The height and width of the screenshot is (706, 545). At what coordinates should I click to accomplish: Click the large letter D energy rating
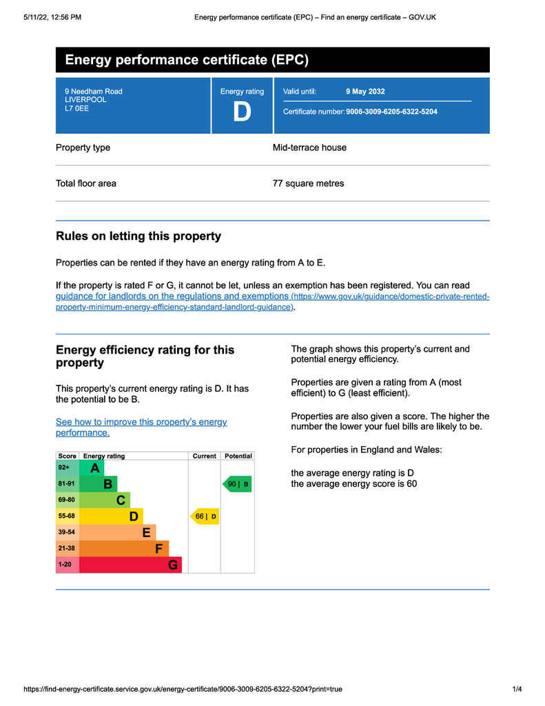tap(242, 112)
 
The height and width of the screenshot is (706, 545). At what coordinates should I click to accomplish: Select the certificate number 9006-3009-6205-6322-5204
tap(391, 112)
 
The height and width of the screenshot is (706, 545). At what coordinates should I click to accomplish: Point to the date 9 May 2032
tap(365, 92)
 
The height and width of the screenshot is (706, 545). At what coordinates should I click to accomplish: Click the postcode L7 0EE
tap(76, 108)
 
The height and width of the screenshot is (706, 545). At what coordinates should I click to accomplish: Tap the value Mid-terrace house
tap(309, 148)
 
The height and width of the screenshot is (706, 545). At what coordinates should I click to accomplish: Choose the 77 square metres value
tap(308, 183)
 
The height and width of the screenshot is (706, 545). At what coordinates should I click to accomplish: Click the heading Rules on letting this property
tap(138, 236)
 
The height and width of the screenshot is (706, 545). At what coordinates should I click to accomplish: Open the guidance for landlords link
tap(172, 296)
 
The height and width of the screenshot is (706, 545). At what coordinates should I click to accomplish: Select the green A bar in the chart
tap(92, 468)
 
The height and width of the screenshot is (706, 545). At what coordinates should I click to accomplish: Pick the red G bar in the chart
tap(131, 565)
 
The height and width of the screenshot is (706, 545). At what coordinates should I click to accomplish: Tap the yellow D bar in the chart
tap(111, 516)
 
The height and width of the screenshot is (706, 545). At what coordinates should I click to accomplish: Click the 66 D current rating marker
tap(205, 516)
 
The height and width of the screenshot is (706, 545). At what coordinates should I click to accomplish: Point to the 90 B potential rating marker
tap(237, 485)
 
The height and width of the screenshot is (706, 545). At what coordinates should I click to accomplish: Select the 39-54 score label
tap(68, 533)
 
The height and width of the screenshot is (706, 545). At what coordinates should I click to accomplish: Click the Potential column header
tap(238, 456)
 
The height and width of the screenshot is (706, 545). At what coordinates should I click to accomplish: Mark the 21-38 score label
tap(68, 549)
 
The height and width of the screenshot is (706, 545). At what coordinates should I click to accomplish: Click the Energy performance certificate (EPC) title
tap(187, 60)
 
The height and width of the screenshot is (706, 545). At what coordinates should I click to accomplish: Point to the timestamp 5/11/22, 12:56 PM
tap(52, 17)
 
